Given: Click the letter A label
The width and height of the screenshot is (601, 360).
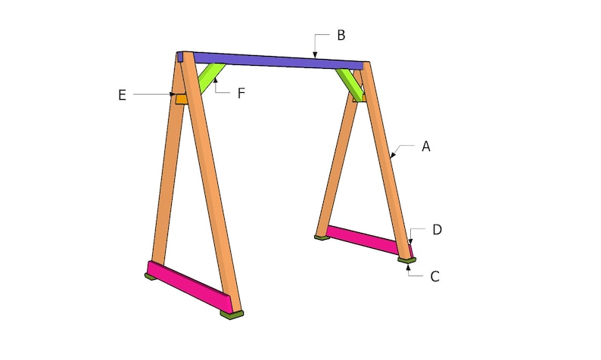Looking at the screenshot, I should [x=426, y=147].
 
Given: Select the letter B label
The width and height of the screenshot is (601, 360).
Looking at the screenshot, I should [x=341, y=35].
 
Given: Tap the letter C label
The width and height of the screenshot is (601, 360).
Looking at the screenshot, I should [x=434, y=277].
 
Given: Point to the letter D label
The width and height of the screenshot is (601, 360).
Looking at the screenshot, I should [x=438, y=228].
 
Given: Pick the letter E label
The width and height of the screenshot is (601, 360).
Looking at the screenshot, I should [x=122, y=95].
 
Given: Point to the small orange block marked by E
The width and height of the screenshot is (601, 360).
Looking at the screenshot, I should [x=182, y=98].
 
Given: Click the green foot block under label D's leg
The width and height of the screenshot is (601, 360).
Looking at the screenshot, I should [x=407, y=260].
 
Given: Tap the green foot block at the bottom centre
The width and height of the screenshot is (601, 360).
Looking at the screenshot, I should [x=232, y=313].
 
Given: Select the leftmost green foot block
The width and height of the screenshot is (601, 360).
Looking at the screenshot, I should [x=151, y=276].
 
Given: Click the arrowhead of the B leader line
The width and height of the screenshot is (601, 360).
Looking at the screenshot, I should [x=315, y=55].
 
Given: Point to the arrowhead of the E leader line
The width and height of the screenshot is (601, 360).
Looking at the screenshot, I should [x=174, y=95].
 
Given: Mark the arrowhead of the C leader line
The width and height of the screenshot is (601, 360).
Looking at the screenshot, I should [x=409, y=266].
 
